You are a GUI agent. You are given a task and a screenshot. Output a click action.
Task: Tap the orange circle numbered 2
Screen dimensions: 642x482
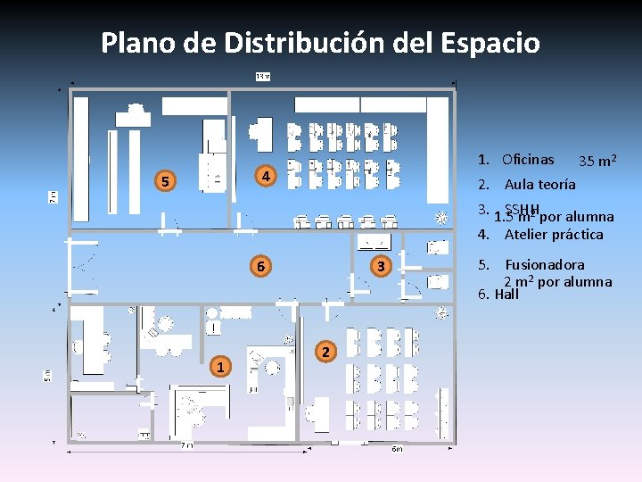[326, 353]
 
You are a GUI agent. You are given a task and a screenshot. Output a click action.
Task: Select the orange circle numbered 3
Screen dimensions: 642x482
[380, 266]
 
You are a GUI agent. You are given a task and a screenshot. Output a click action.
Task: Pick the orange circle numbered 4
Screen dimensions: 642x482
[265, 176]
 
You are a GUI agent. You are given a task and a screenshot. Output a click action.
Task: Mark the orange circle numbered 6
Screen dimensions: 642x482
[259, 266]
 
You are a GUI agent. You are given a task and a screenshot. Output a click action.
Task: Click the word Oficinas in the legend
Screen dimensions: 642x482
[527, 161]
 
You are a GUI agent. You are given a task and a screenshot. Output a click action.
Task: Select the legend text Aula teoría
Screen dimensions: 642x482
[539, 186]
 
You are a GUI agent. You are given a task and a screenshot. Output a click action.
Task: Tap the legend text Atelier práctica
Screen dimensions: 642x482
[554, 236]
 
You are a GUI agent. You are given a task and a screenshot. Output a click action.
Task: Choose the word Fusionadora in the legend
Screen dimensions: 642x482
[545, 265]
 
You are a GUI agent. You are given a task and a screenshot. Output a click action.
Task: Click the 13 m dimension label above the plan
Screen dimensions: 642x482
[263, 77]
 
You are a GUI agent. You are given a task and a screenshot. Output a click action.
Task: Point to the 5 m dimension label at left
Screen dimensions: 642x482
[48, 376]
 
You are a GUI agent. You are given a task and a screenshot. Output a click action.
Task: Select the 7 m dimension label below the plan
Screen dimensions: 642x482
[185, 445]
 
